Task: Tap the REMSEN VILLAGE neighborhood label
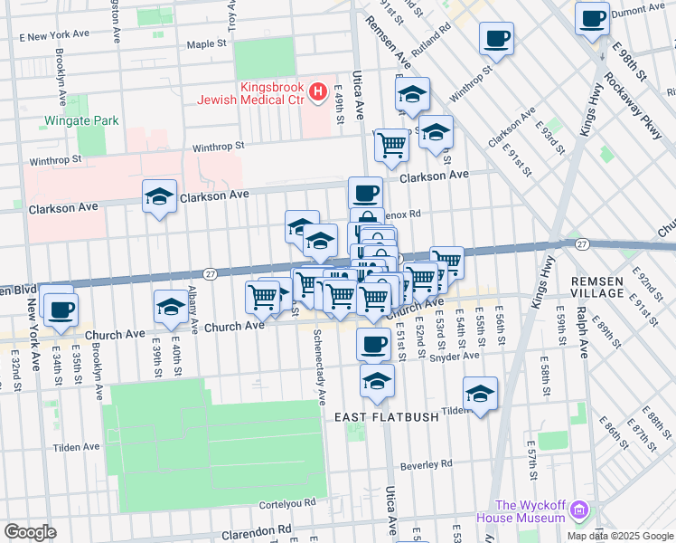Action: [597, 288]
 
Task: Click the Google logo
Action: [30, 532]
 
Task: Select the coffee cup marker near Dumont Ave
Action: [592, 18]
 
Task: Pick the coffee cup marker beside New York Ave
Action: [61, 310]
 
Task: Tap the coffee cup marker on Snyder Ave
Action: [373, 344]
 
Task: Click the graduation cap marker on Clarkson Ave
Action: [159, 196]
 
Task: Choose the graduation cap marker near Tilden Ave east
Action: [481, 394]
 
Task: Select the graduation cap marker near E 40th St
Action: [171, 307]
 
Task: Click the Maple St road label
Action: [206, 43]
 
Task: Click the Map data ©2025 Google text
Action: [619, 535]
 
